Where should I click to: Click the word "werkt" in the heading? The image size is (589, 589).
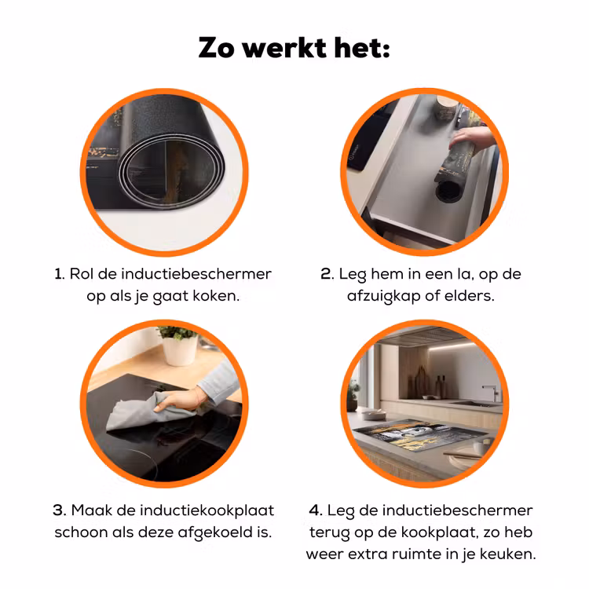pos(284,48)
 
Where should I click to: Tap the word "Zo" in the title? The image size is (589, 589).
pos(216,48)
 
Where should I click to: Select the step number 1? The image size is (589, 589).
pos(60,274)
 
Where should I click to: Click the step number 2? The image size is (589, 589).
pos(327,274)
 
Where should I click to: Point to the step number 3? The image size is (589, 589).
pos(60,510)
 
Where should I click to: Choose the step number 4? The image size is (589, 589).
pos(316,510)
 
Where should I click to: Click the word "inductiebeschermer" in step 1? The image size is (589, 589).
pos(196,274)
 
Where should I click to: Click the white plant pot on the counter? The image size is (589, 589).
pos(180,350)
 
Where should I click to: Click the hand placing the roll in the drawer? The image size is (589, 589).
pos(471,137)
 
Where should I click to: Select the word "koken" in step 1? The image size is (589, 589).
pos(216,296)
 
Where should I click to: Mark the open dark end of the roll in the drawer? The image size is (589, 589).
pos(448,190)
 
